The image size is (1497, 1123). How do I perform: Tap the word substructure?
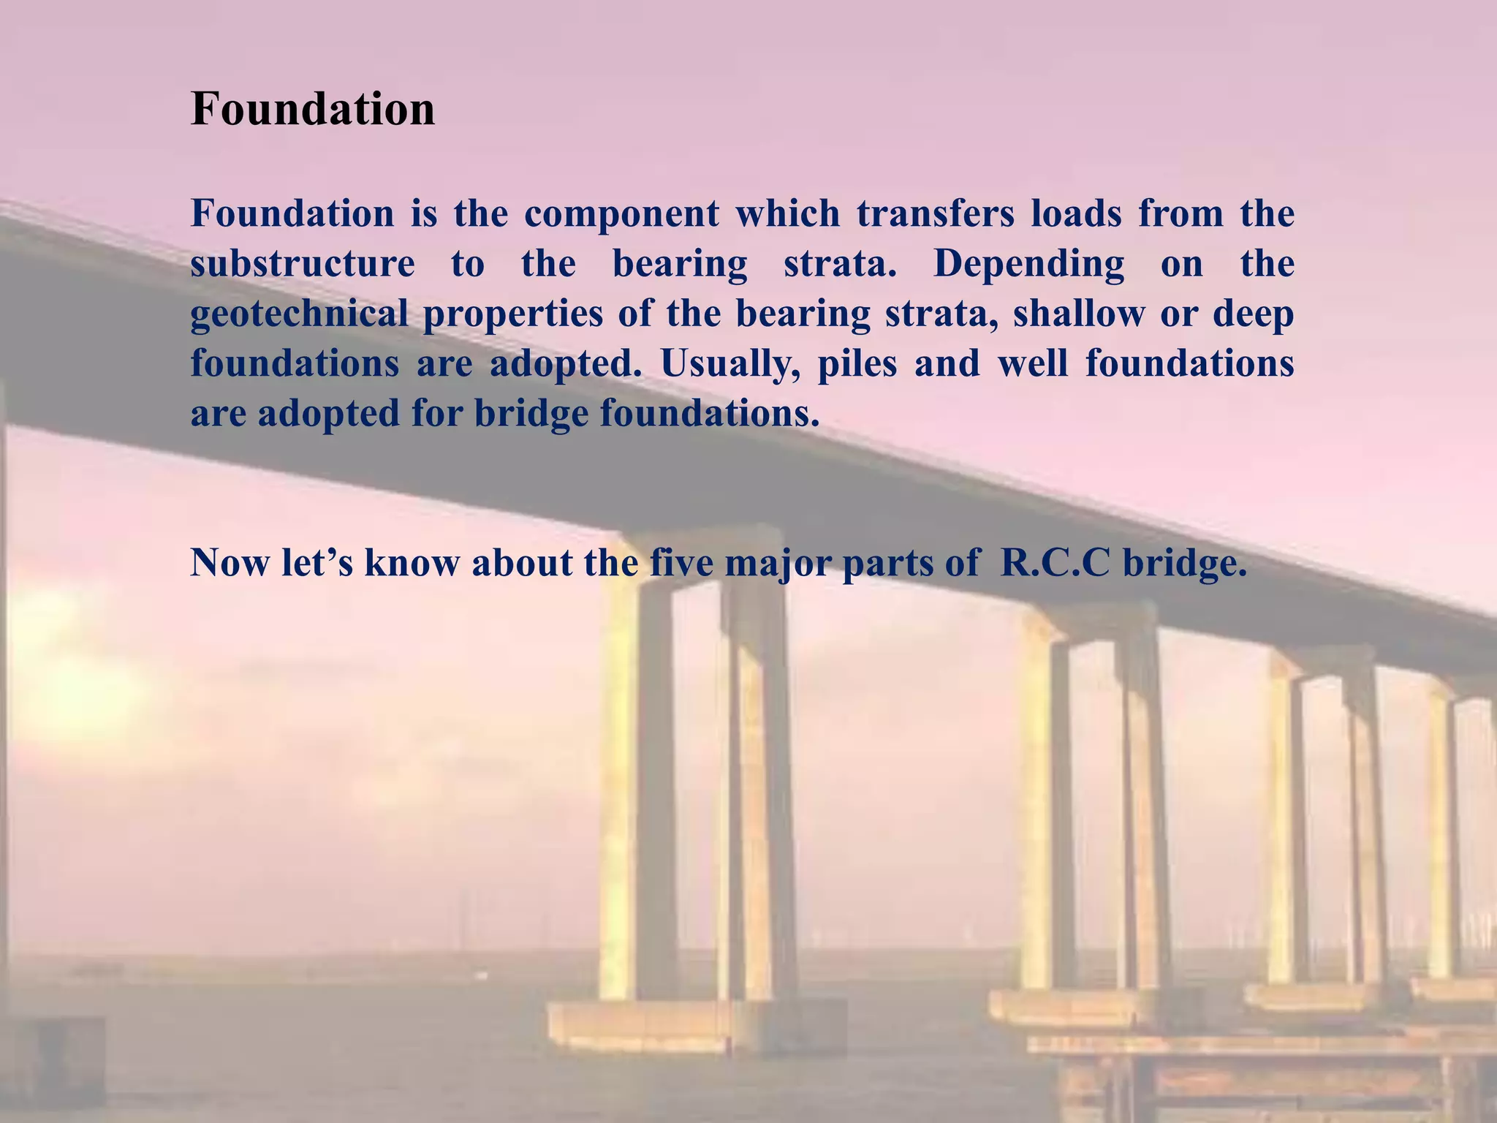[x=303, y=263]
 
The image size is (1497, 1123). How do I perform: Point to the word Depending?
[x=1028, y=265]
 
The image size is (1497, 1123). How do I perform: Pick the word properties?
[x=512, y=315]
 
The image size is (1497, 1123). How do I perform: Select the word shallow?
[x=1078, y=314]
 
